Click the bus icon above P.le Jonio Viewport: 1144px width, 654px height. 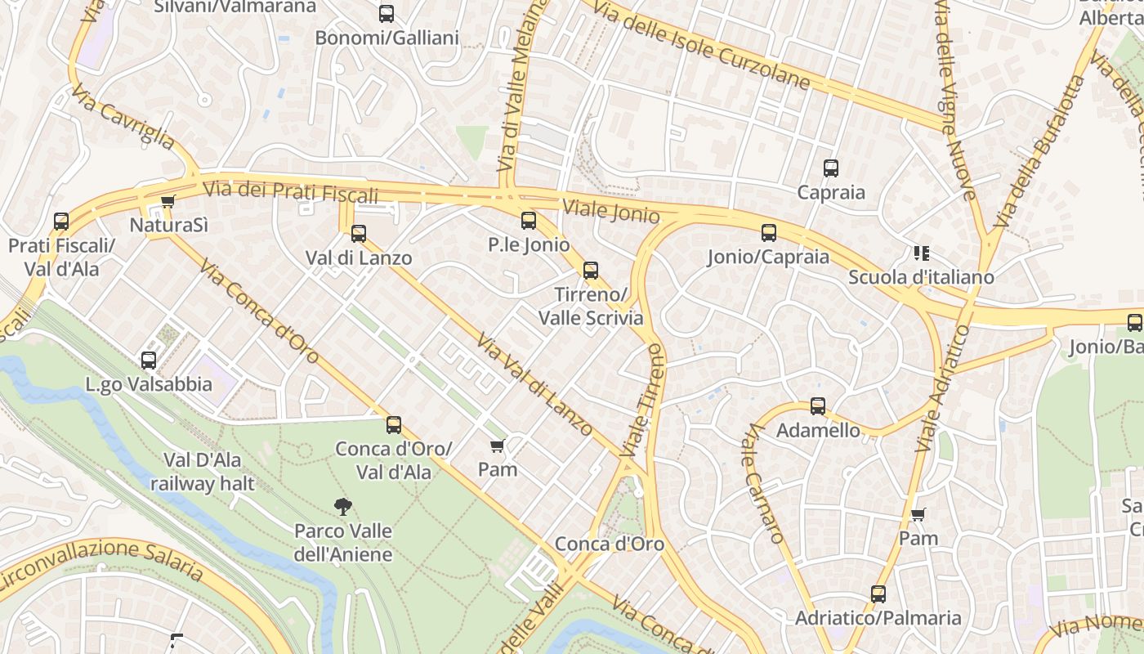pos(529,220)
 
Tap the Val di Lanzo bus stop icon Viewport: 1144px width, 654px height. pos(359,234)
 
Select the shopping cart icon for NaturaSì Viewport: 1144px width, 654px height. pos(168,201)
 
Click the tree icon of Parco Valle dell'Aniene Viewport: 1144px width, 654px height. pos(344,507)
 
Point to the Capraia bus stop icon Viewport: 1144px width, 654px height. pos(831,168)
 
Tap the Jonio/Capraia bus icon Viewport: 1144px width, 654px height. pos(769,232)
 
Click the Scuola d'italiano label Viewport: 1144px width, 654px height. pos(921,277)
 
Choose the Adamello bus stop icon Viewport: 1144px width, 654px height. pos(818,405)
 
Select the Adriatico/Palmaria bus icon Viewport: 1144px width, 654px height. pos(878,594)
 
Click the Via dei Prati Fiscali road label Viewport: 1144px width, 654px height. pos(291,192)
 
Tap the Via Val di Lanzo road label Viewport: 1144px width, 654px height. pos(534,383)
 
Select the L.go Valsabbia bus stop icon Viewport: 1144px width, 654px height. pos(149,360)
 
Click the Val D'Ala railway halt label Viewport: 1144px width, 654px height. pos(203,472)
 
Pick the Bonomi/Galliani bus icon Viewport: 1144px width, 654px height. pos(387,14)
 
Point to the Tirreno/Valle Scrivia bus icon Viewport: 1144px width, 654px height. pos(591,271)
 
